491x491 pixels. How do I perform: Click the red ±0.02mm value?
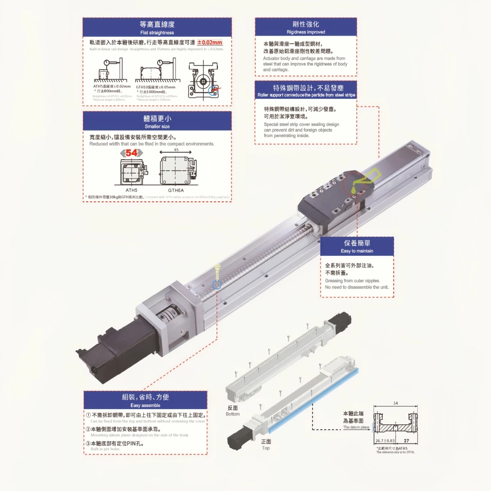[x=209, y=43]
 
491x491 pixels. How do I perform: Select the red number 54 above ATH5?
[x=131, y=153]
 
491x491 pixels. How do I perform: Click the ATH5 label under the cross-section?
[x=131, y=190]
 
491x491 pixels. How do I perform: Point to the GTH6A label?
[x=176, y=190]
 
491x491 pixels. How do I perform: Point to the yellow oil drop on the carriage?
[x=354, y=189]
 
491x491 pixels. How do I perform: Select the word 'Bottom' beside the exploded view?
[x=232, y=414]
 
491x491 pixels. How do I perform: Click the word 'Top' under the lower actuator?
[x=266, y=448]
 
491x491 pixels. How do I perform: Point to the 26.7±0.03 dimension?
[x=385, y=441]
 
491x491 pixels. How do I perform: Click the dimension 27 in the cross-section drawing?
[x=406, y=441]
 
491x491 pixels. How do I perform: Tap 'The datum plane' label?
[x=356, y=427]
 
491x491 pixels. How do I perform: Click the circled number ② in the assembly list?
[x=88, y=429]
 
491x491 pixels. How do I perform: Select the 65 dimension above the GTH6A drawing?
[x=176, y=150]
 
